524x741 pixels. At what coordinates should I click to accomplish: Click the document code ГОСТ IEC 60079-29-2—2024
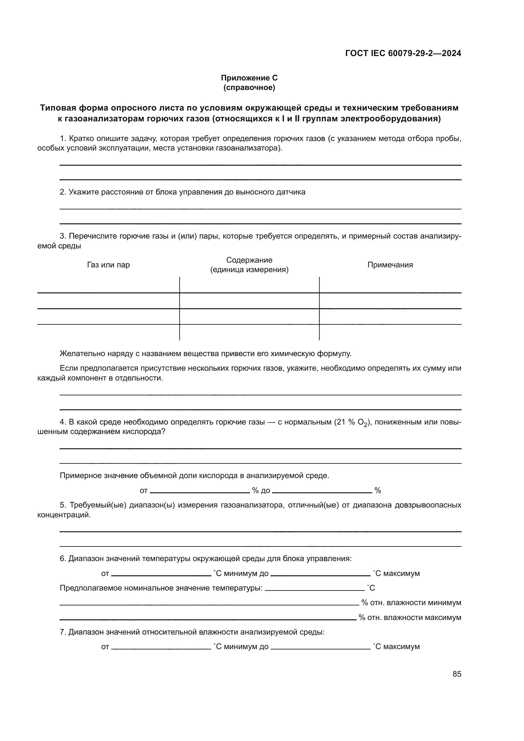tap(403, 53)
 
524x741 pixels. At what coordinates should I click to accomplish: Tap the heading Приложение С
tap(249, 78)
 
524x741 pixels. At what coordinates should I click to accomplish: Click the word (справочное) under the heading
tap(249, 87)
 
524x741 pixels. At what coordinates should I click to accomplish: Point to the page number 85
tap(457, 674)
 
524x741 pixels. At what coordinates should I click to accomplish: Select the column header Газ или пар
tap(108, 265)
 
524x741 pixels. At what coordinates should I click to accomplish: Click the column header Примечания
tap(390, 265)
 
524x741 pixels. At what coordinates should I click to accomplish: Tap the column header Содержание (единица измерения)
tap(249, 265)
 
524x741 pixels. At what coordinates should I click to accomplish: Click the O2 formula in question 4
tap(363, 423)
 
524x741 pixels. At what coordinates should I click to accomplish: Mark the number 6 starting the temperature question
tap(63, 558)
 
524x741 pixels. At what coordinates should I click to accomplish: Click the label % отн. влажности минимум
tap(411, 603)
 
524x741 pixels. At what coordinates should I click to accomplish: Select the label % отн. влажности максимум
tap(410, 617)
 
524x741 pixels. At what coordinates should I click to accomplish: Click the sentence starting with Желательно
tap(206, 354)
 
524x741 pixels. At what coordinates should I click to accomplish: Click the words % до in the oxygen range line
tap(261, 490)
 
